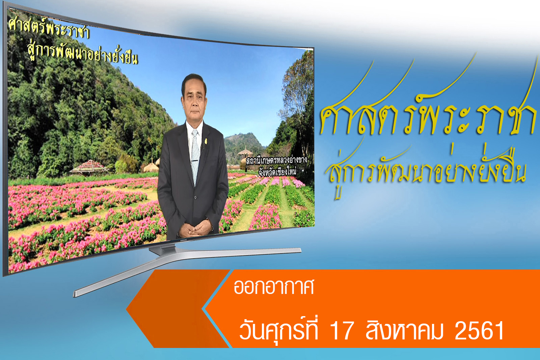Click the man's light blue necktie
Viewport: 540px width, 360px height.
point(195,157)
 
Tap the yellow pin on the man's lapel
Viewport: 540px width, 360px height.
point(206,141)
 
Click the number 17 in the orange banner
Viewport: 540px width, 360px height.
point(342,330)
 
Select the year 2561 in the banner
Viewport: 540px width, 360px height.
point(479,330)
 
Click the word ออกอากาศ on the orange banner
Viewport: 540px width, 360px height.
point(274,287)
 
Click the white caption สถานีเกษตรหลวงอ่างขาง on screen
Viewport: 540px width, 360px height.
point(276,161)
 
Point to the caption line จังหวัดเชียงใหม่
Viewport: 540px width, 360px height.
point(277,172)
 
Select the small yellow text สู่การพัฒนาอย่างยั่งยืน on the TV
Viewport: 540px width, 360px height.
point(82,55)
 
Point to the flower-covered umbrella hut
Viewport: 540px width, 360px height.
point(89,167)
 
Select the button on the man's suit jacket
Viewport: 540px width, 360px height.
point(195,198)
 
